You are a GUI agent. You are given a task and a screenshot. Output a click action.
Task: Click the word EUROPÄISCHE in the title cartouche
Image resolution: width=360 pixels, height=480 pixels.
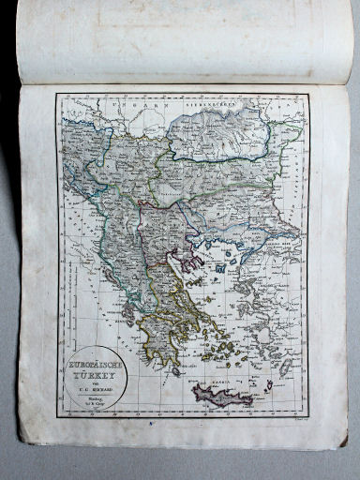tap(94, 362)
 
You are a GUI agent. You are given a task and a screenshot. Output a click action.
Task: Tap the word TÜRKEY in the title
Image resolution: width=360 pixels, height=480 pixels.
tap(94, 370)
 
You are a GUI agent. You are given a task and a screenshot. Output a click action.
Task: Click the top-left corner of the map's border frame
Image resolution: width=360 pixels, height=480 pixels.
tap(55, 95)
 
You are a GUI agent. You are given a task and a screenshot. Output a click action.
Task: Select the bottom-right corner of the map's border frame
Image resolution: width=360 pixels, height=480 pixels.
tap(308, 415)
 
